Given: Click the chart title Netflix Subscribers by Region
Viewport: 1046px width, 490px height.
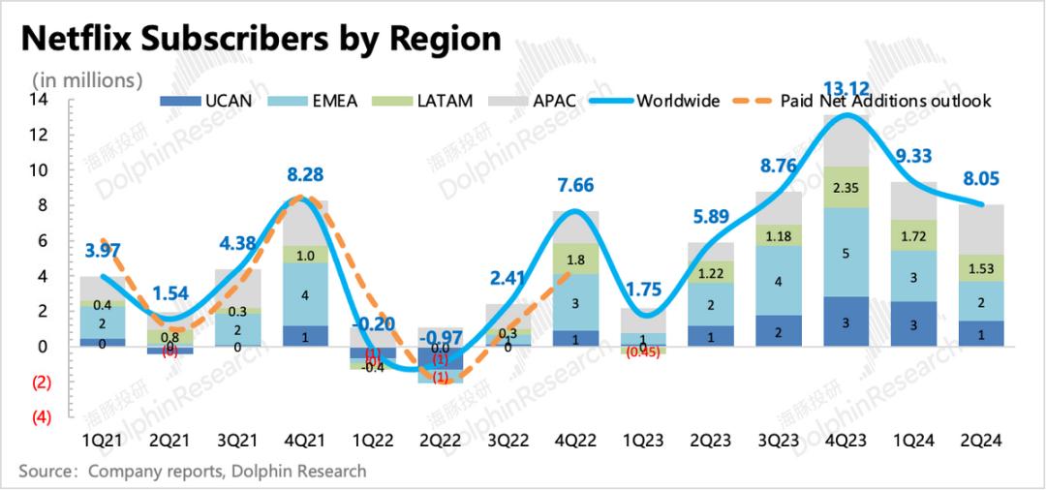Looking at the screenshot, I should click(x=261, y=38).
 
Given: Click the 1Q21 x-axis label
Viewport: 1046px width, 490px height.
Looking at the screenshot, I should click(x=103, y=439).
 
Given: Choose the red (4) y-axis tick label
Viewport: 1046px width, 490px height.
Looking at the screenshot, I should click(x=41, y=417).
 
